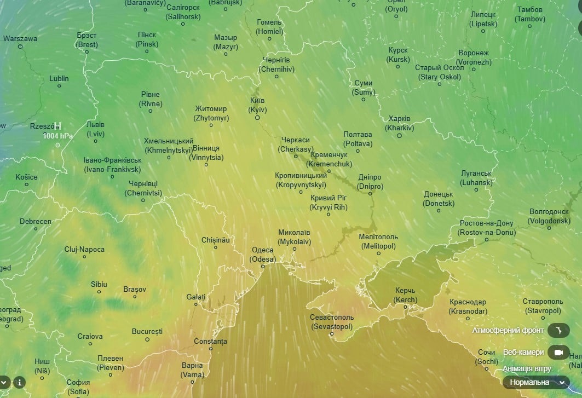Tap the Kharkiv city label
click(399, 123)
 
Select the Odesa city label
click(262, 255)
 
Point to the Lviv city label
click(95, 129)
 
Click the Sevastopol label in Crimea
click(332, 322)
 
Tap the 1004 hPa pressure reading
click(58, 135)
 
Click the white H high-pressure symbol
click(57, 126)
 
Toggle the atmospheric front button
click(558, 330)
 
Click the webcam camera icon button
click(558, 352)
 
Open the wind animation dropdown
click(535, 382)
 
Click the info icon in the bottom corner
click(20, 382)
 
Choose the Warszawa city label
click(20, 39)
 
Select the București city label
click(147, 331)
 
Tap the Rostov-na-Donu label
click(486, 228)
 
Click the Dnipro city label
click(370, 182)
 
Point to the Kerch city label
click(405, 295)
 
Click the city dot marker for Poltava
click(358, 150)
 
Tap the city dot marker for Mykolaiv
click(295, 249)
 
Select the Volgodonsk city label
click(550, 216)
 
